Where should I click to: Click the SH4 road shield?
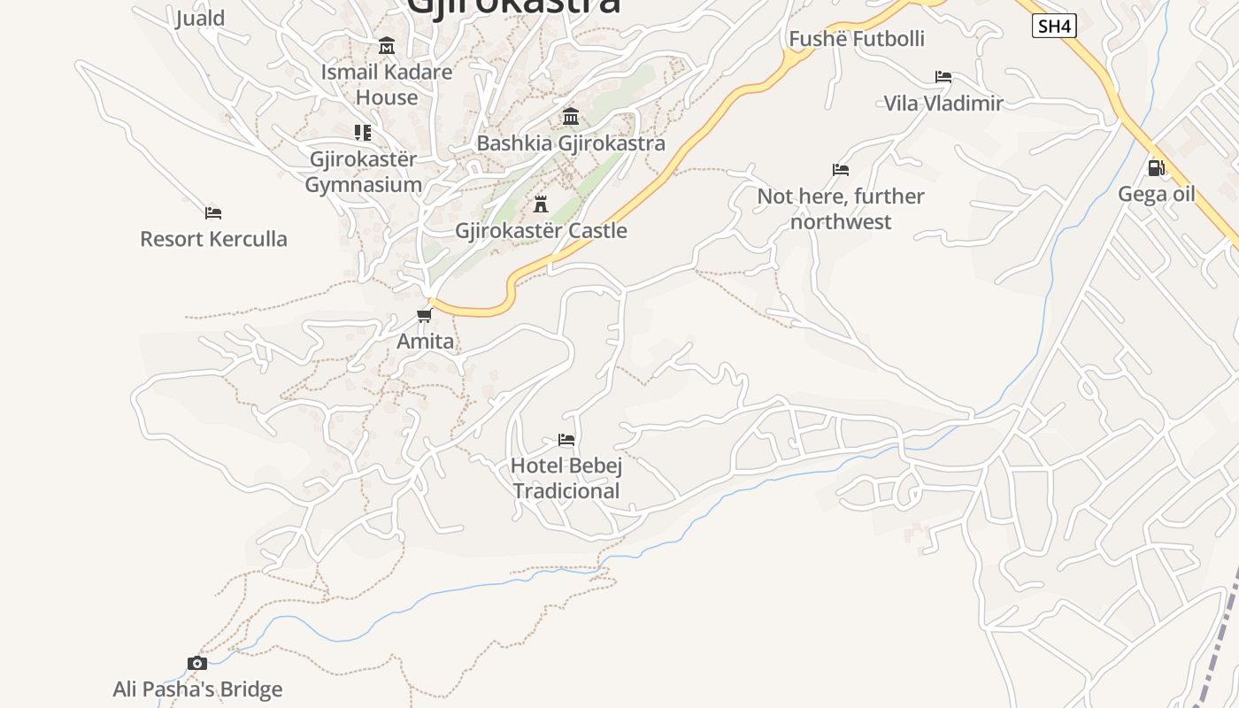1053,27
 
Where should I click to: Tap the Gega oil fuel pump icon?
1156,168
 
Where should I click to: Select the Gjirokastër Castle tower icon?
541,204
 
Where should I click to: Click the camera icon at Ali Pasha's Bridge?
197,663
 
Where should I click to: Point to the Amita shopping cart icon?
425,315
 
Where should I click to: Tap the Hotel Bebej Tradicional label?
566,479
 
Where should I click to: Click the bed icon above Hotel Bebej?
566,439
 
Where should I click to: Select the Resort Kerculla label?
213,239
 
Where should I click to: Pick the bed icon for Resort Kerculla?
213,212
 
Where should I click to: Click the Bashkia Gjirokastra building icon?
571,117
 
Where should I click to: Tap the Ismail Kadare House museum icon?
387,45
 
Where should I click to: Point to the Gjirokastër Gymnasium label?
363,172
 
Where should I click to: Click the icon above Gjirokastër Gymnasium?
363,133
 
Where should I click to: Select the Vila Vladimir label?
943,104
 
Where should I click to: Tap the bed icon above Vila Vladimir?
943,77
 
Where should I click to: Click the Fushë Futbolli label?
856,39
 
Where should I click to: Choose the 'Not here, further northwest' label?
841,209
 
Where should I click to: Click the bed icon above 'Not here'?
841,169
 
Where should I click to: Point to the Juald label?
200,18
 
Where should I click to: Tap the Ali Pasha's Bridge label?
197,689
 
